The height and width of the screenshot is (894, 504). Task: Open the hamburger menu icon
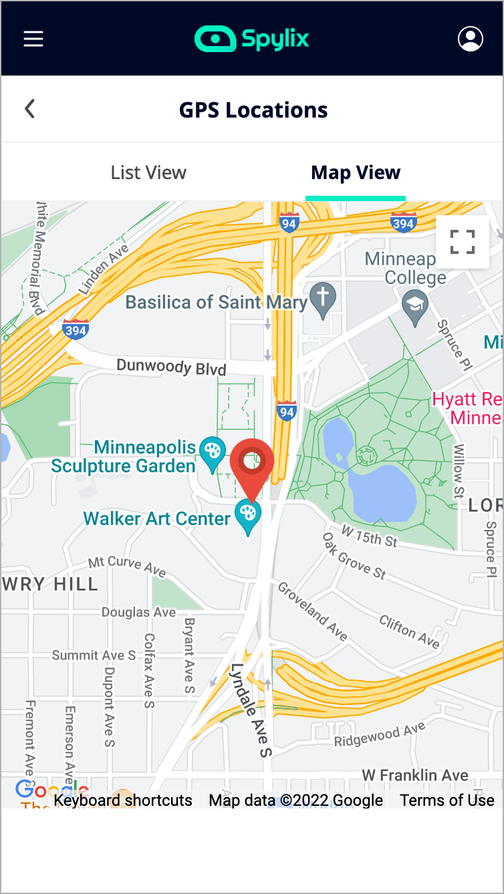pyautogui.click(x=33, y=39)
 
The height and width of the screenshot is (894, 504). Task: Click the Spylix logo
pyautogui.click(x=252, y=39)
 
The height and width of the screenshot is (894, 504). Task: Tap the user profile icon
pyautogui.click(x=471, y=39)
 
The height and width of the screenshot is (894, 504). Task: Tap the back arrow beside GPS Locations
pyautogui.click(x=29, y=109)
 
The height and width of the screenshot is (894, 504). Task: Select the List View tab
pyautogui.click(x=148, y=172)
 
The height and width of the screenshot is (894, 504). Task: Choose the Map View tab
pyautogui.click(x=356, y=172)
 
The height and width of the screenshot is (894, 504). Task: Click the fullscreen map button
pyautogui.click(x=463, y=242)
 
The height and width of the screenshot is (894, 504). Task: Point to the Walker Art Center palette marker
pyautogui.click(x=248, y=515)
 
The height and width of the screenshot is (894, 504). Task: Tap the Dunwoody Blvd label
pyautogui.click(x=171, y=367)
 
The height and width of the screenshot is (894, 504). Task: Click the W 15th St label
pyautogui.click(x=369, y=536)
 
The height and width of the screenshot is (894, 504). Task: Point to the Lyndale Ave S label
pyautogui.click(x=251, y=710)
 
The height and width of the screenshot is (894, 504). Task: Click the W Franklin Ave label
pyautogui.click(x=415, y=775)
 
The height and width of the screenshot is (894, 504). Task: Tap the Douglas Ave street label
pyautogui.click(x=138, y=612)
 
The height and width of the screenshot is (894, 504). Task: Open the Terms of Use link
pyautogui.click(x=447, y=800)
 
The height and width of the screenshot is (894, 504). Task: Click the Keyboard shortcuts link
pyautogui.click(x=123, y=800)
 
